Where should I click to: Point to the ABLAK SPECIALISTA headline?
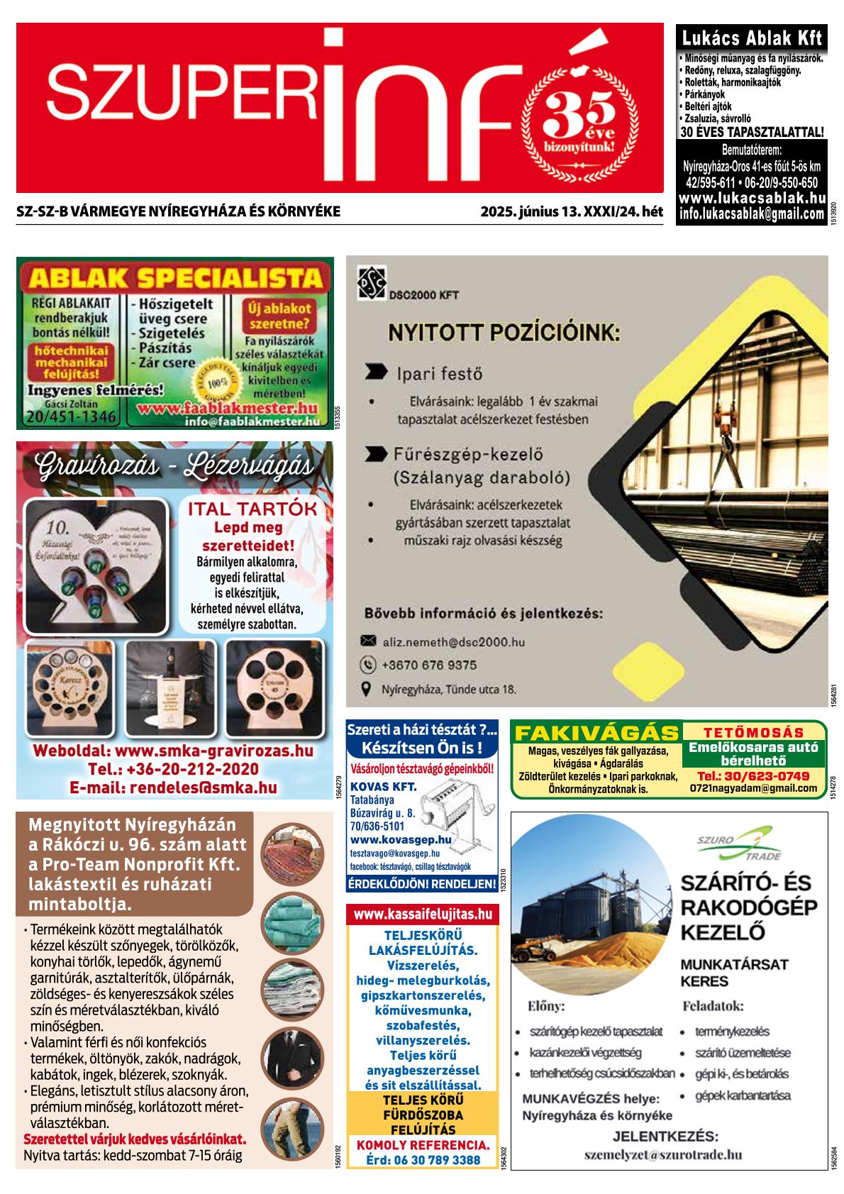tap(174, 277)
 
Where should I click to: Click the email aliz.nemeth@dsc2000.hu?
tap(453, 641)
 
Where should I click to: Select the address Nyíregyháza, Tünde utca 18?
tap(449, 689)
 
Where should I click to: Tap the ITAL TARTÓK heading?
tap(252, 509)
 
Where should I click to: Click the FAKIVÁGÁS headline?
tap(596, 733)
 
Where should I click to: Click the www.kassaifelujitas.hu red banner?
tap(423, 914)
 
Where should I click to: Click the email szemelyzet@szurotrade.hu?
tap(663, 1154)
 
